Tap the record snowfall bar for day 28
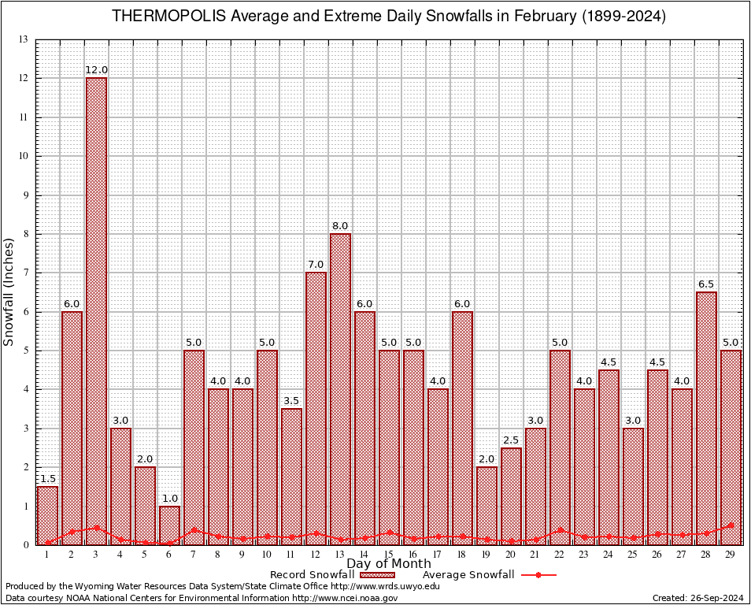(x=706, y=418)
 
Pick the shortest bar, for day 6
(x=169, y=525)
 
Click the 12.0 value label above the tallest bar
(x=96, y=70)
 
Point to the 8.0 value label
(x=340, y=226)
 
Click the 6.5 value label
(x=706, y=284)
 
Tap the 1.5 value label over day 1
(x=47, y=479)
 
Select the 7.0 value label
(x=316, y=265)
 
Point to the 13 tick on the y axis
(x=23, y=39)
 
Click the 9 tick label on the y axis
(x=25, y=195)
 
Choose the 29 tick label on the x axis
(x=731, y=555)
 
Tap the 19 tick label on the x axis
(x=486, y=555)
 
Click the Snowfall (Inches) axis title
(x=9, y=291)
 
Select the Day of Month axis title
(x=388, y=563)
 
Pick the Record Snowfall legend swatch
(x=378, y=575)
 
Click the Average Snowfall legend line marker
(x=538, y=575)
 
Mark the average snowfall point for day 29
(x=731, y=525)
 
